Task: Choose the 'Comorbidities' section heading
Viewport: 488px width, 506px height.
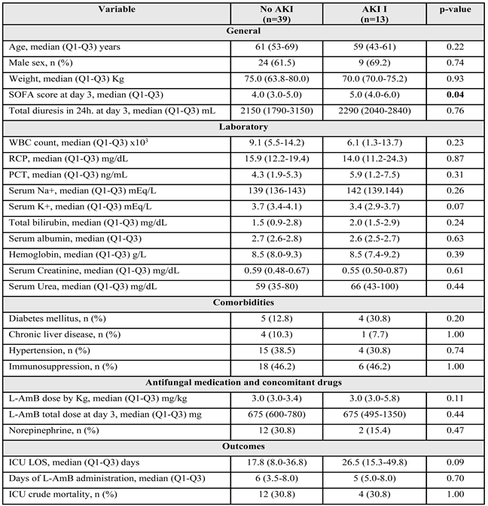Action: point(244,305)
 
